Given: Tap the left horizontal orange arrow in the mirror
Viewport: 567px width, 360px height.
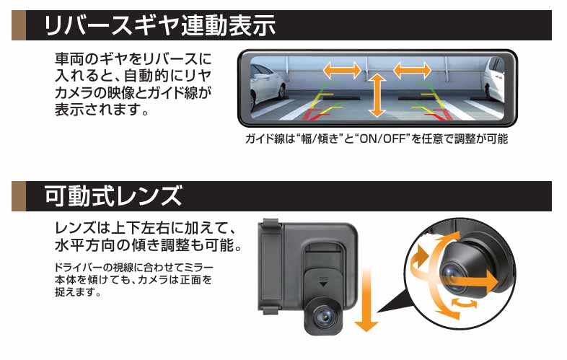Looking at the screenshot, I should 342,70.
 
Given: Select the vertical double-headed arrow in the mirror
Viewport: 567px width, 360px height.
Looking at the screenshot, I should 376,94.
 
